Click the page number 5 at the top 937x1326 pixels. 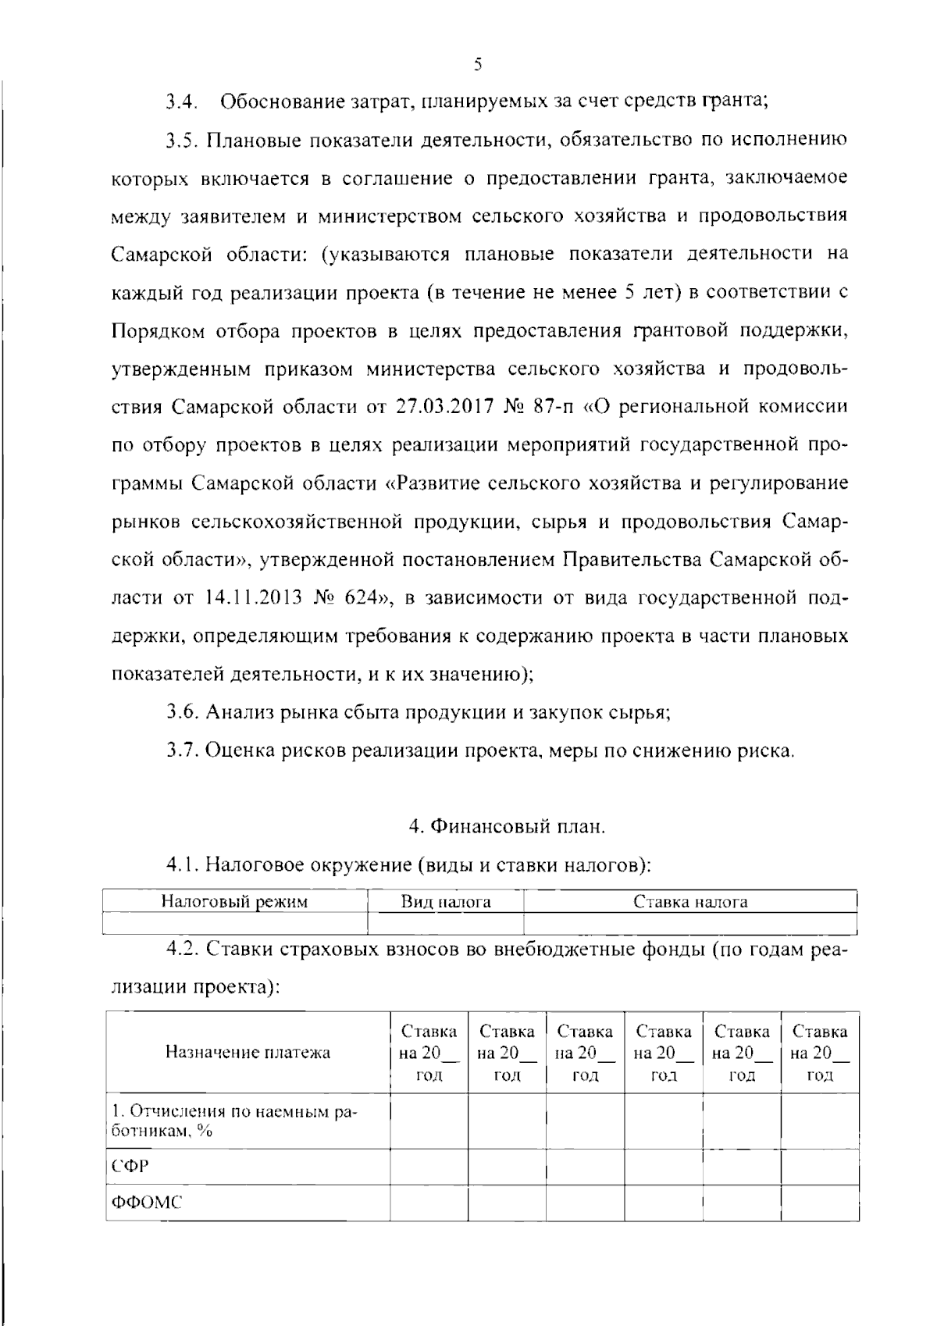[x=478, y=65]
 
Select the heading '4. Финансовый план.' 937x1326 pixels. [x=507, y=826]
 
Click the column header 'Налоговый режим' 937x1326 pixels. [x=234, y=902]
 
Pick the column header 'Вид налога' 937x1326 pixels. [x=446, y=902]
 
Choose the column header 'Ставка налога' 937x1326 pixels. [x=690, y=902]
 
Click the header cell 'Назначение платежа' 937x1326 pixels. [x=248, y=1052]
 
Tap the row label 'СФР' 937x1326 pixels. [x=130, y=1166]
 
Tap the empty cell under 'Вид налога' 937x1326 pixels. [x=446, y=924]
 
